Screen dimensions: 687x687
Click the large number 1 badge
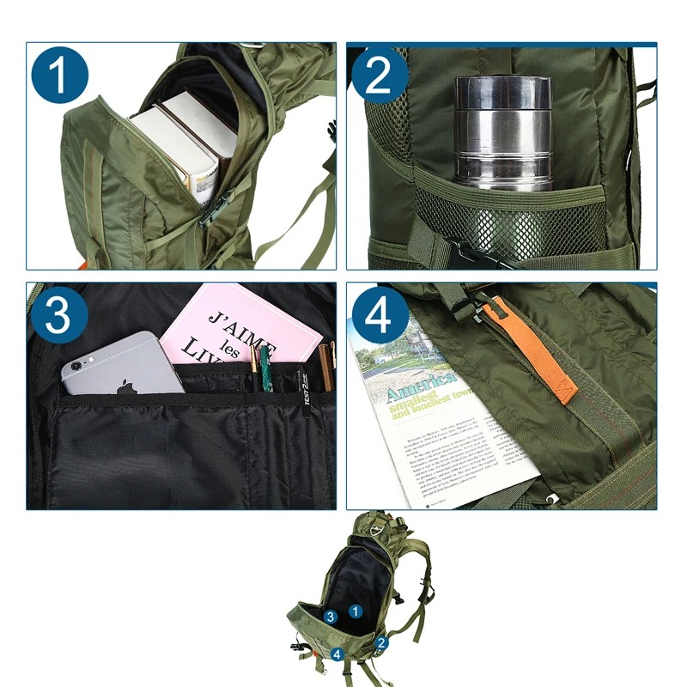[60, 76]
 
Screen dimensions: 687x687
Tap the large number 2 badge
[379, 76]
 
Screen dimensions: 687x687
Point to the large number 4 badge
[379, 316]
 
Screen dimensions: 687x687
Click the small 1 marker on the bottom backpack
[356, 611]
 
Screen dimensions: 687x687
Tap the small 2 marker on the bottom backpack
[381, 641]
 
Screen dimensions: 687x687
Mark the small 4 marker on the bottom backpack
[337, 654]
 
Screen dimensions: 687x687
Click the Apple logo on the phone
[127, 386]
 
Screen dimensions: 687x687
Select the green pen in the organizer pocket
[267, 369]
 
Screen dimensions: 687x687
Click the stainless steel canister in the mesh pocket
[502, 133]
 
